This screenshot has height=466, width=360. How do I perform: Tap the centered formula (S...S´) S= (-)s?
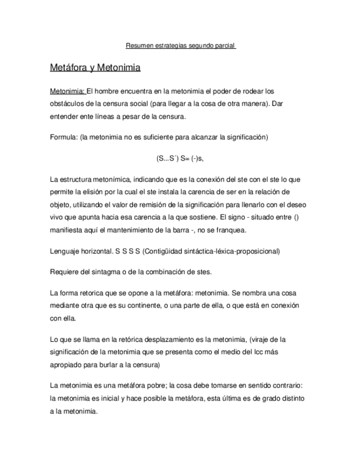point(180,158)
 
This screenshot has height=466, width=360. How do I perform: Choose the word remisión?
point(156,204)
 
